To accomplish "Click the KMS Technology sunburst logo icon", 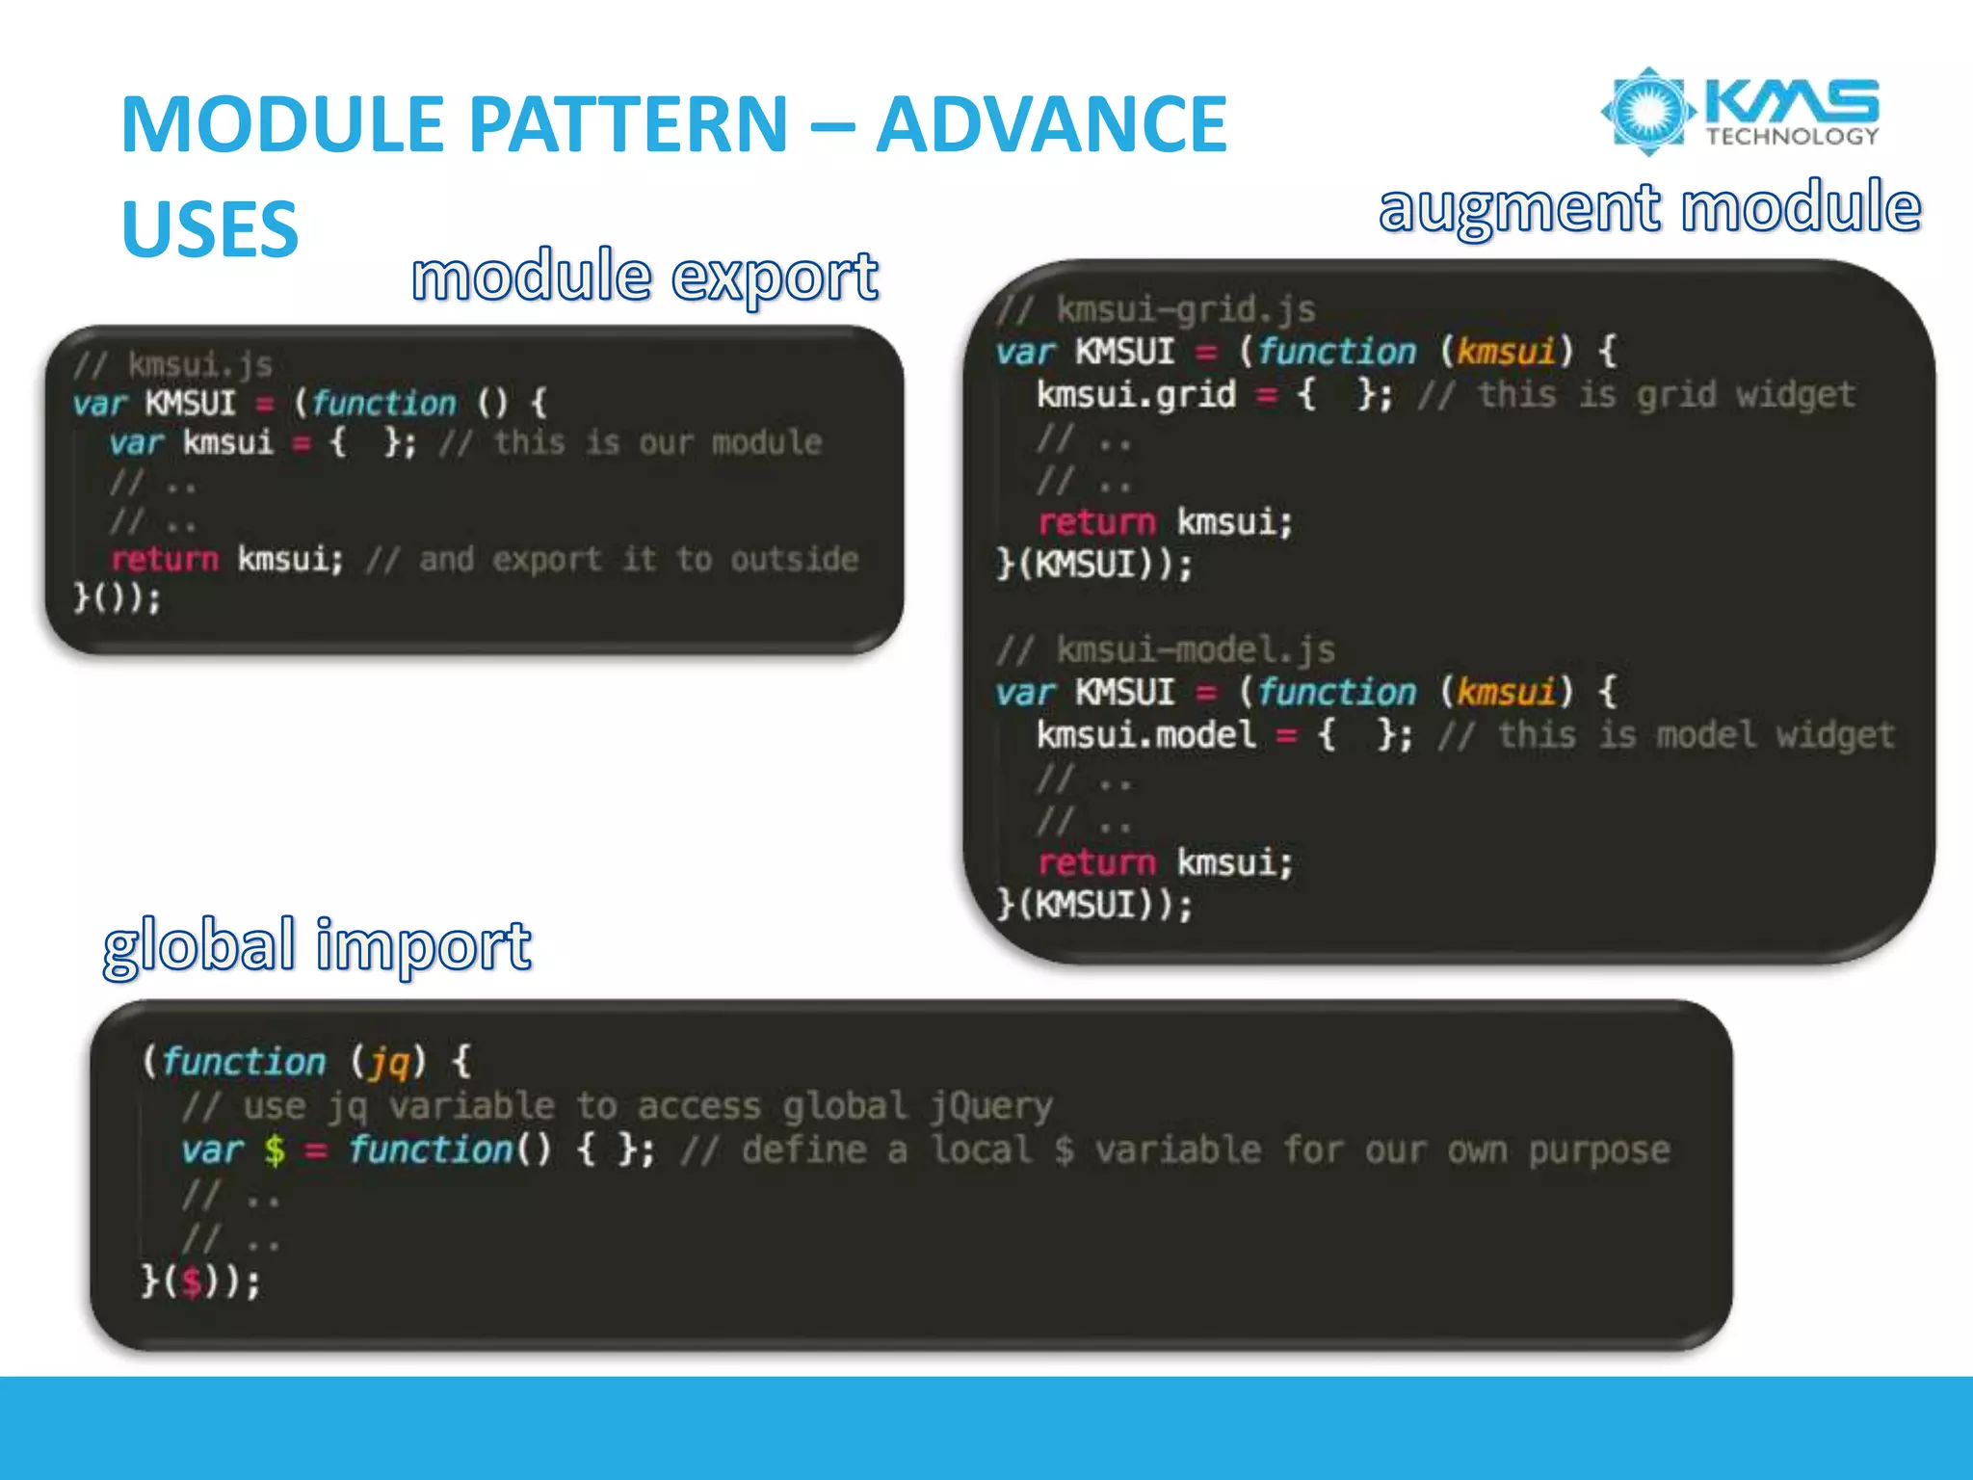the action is (1647, 111).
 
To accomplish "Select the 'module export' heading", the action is (645, 277).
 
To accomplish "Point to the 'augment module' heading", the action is (1649, 208).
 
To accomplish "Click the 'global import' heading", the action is (317, 945).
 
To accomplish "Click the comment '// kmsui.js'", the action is (173, 365).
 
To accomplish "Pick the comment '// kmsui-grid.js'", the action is (1156, 309).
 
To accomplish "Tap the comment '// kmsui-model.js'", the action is (1166, 650).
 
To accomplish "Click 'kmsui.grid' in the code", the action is (1136, 395).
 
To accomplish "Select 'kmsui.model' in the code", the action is (1145, 736).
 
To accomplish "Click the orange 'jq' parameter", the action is (389, 1062).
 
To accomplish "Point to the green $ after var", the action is (275, 1150).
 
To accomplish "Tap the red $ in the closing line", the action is (193, 1282).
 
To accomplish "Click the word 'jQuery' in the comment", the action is (991, 1106).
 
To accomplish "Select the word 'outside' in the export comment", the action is (794, 560).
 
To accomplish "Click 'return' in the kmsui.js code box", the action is (165, 560).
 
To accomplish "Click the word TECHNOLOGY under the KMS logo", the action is (1792, 137).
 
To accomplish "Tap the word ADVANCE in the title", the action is (1051, 124).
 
